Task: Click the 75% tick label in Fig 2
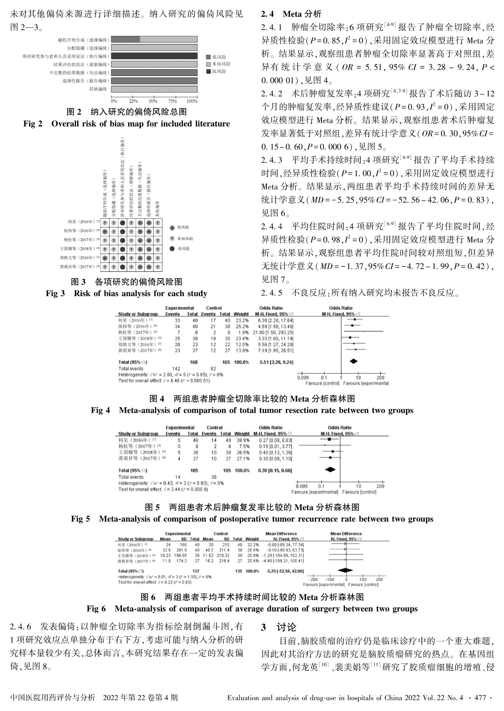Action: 172,101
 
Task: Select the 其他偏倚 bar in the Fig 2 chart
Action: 154,89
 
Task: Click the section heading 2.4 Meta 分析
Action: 291,14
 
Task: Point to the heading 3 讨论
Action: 279,627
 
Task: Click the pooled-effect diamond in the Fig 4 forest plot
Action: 353,362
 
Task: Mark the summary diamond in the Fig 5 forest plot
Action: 330,469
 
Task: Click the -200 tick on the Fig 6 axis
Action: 313,579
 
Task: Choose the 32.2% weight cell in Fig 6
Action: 252,545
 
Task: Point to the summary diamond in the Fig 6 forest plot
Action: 346,570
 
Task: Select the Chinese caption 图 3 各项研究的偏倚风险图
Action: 126,281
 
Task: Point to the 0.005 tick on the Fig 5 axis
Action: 302,486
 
